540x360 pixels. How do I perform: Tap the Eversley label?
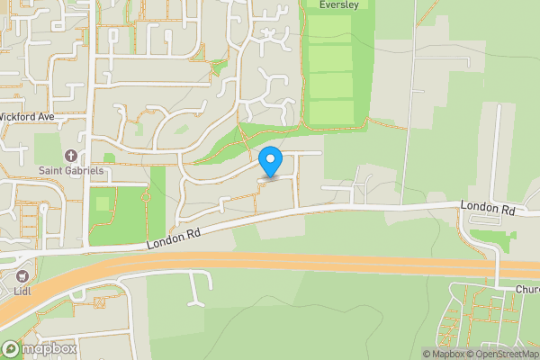(339, 4)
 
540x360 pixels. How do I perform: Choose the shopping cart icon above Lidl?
(22, 275)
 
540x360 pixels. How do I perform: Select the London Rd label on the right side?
(487, 209)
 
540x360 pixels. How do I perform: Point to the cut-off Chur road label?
(527, 290)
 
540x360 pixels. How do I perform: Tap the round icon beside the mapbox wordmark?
(11, 349)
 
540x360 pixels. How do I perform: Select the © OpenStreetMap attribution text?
(505, 354)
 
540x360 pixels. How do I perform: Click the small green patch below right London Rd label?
(493, 236)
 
